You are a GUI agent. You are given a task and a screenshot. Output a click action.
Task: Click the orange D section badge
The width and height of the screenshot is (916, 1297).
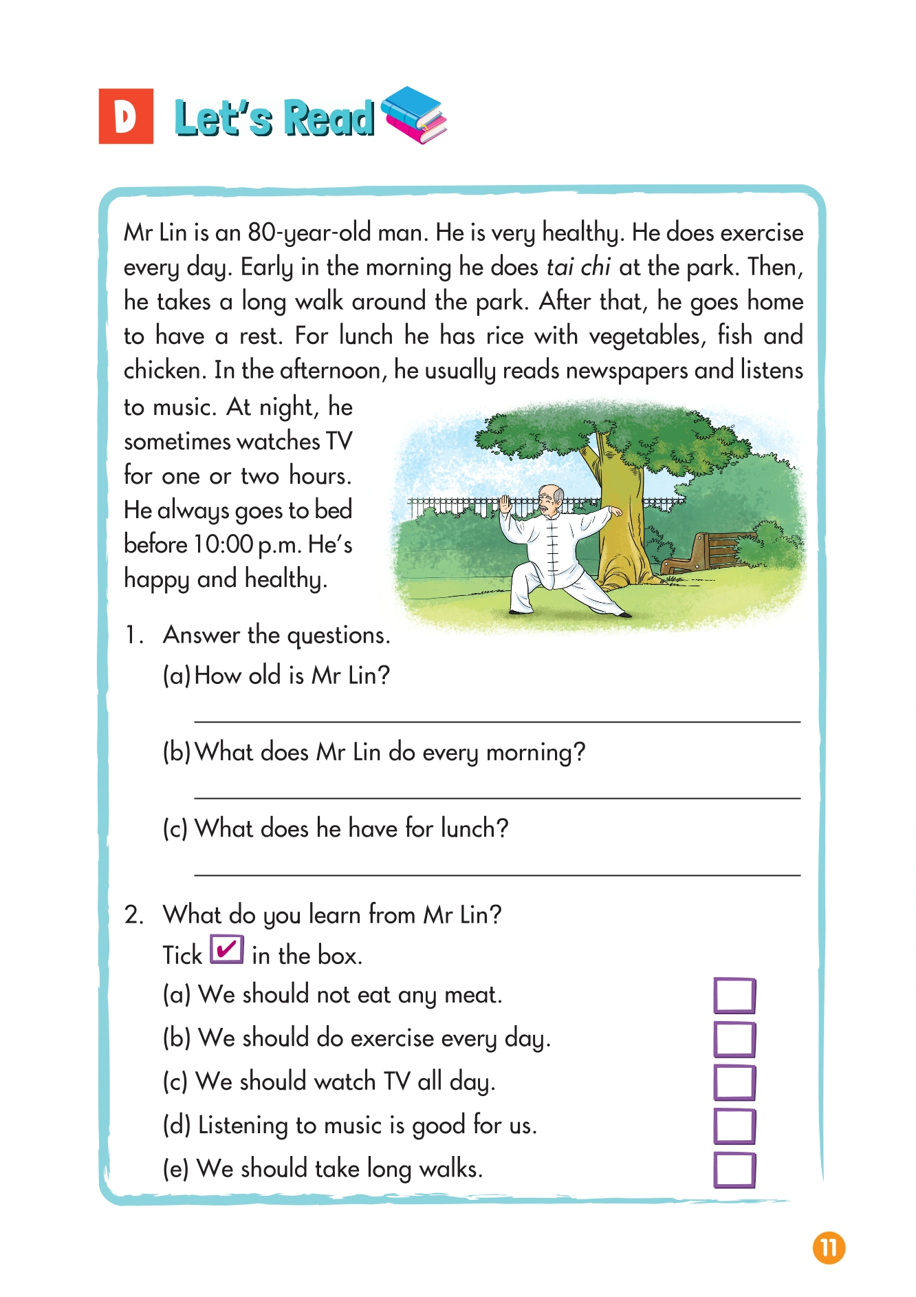(126, 116)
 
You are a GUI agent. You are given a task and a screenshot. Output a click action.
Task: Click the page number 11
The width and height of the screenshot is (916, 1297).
(829, 1248)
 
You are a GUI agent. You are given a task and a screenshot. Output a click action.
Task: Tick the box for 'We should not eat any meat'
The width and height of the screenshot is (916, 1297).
(734, 996)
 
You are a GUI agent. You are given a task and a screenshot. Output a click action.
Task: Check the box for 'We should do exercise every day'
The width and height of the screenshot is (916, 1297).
(734, 1039)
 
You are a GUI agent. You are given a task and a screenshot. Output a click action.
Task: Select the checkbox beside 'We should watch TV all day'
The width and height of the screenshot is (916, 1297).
(734, 1082)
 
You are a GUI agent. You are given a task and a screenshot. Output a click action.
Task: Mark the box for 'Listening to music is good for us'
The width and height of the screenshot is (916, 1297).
(734, 1126)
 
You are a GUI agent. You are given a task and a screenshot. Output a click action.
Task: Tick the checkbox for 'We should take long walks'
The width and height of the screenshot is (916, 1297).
(734, 1170)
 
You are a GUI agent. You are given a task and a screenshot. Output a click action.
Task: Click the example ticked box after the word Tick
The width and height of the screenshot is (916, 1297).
(227, 950)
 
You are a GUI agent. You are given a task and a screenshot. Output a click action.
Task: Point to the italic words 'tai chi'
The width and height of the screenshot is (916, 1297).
(578, 267)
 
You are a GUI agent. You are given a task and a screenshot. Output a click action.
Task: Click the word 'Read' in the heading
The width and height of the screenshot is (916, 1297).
(329, 118)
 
